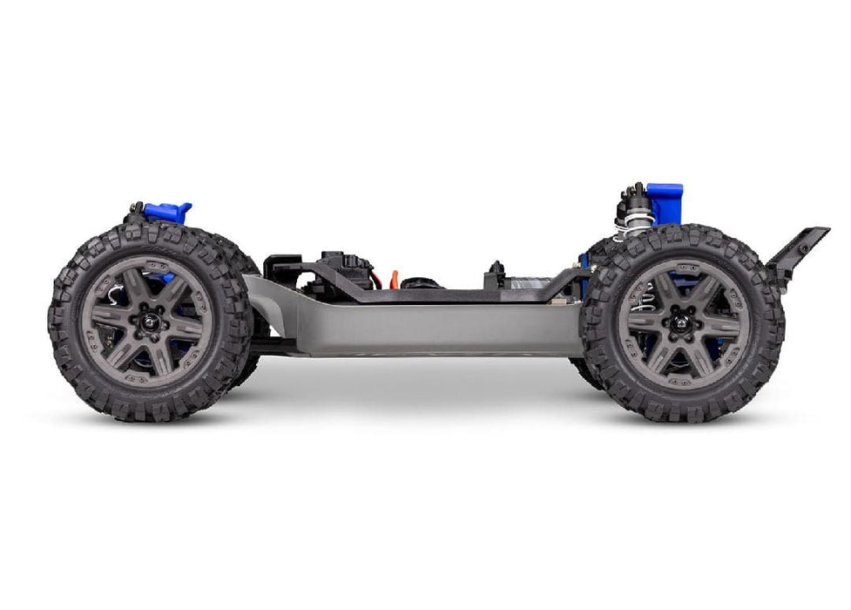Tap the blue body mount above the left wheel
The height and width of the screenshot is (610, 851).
pyautogui.click(x=168, y=212)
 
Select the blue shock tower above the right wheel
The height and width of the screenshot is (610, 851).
pyautogui.click(x=665, y=201)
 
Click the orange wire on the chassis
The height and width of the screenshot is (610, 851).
pyautogui.click(x=393, y=280)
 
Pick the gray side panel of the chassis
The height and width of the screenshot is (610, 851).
pyautogui.click(x=418, y=327)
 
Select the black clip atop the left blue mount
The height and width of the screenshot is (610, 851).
pyautogui.click(x=135, y=209)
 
